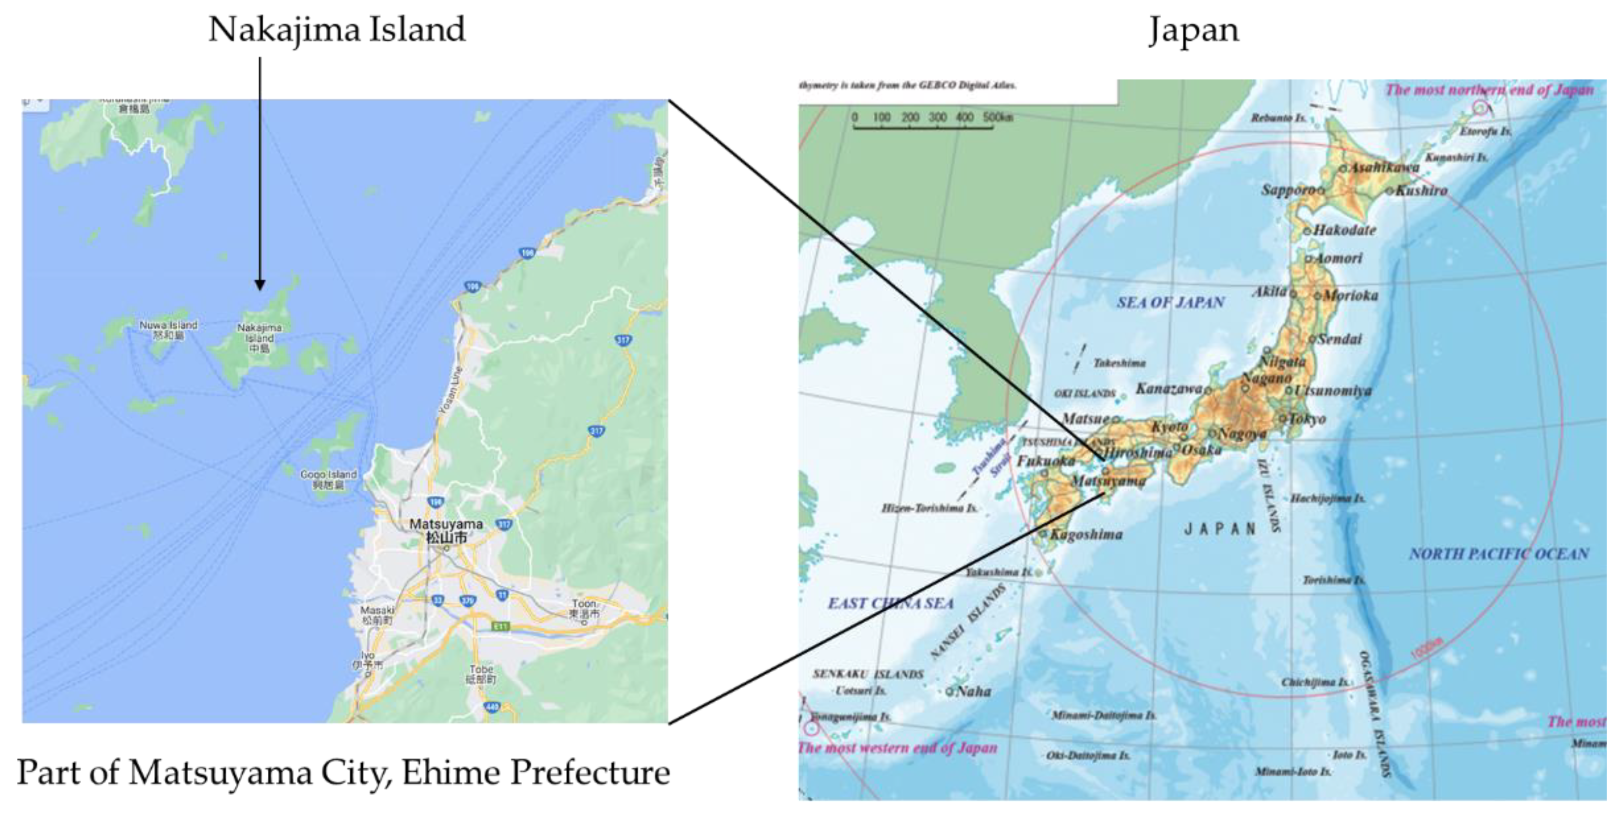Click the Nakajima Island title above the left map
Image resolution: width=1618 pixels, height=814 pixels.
tap(337, 30)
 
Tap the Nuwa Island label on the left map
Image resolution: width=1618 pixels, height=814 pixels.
tap(168, 330)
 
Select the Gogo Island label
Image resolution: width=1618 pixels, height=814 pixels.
tap(328, 479)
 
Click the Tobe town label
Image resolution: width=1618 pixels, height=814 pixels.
tap(481, 674)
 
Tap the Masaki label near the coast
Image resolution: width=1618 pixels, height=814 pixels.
tap(377, 615)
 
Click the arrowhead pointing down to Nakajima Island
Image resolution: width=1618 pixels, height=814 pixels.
tap(259, 286)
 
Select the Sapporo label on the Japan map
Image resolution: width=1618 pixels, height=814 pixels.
tap(1289, 189)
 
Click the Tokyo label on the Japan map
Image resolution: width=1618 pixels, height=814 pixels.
tap(1308, 419)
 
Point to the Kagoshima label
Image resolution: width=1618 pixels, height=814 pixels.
tap(1086, 534)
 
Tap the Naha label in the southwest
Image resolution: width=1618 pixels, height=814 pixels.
tap(973, 691)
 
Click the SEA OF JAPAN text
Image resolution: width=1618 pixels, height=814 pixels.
tap(1170, 303)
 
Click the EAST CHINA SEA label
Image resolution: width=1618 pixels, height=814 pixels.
tap(890, 603)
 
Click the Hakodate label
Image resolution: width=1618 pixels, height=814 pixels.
tap(1344, 230)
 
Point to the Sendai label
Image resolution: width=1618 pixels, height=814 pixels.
tap(1340, 340)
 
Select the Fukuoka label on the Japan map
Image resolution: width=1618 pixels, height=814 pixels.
tap(1046, 462)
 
